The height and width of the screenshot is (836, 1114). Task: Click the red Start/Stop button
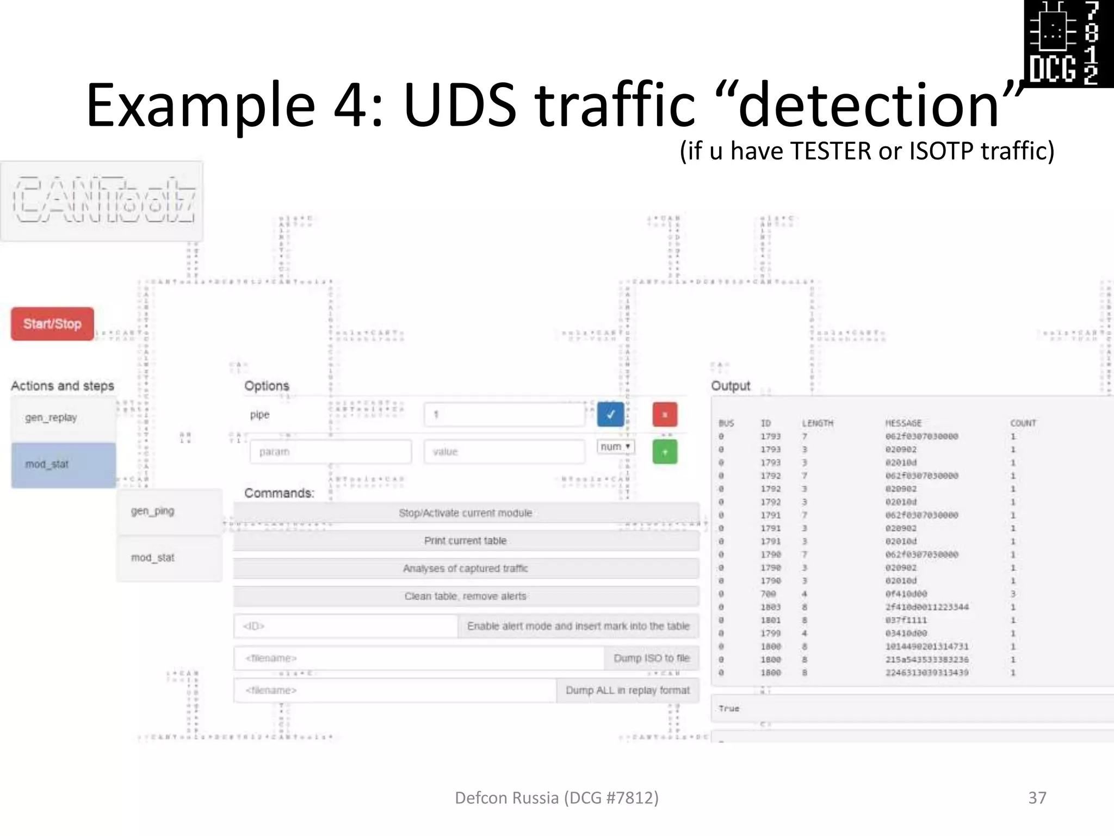[52, 324]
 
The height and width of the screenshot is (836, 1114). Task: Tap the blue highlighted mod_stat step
[63, 465]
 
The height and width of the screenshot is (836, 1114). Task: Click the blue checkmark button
[610, 415]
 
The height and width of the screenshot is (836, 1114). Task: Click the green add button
[665, 452]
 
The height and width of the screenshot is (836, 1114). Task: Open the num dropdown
[615, 447]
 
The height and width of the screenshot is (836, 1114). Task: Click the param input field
[330, 452]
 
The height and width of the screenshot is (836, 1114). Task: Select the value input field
[504, 452]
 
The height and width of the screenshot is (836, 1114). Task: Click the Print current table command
[466, 541]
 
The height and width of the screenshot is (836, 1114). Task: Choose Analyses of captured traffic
[466, 569]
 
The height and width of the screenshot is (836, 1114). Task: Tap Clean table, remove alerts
[466, 597]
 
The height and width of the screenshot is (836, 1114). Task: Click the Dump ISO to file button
[651, 659]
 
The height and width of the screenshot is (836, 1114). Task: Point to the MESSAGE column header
[903, 423]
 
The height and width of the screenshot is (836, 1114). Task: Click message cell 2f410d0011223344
[927, 607]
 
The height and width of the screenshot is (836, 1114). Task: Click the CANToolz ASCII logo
[103, 200]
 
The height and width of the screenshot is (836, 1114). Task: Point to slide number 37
[1037, 798]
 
